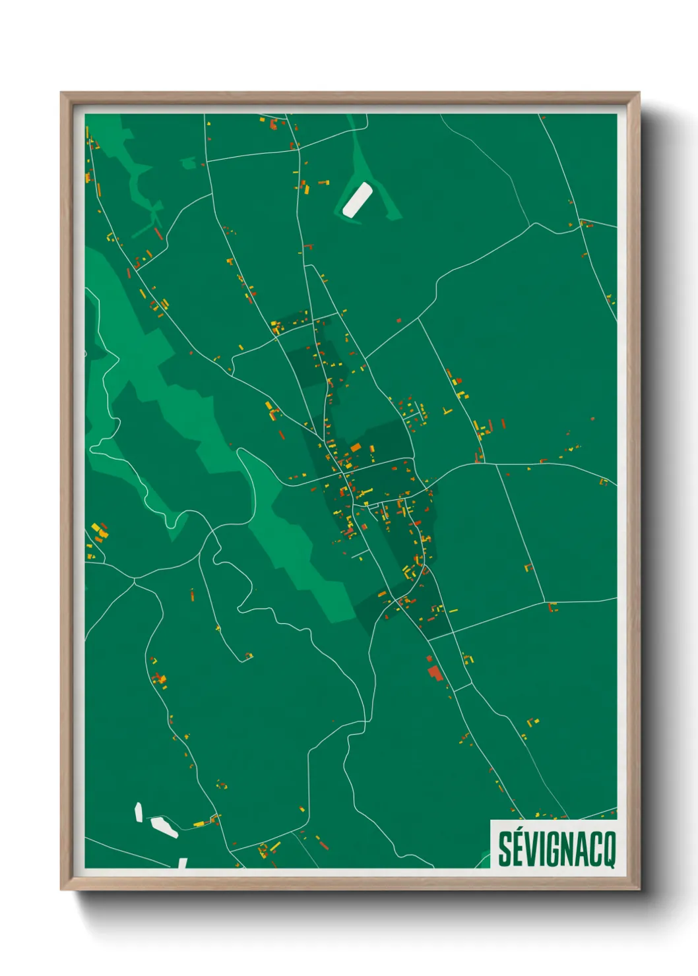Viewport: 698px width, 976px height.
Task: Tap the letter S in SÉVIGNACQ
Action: [x=505, y=849]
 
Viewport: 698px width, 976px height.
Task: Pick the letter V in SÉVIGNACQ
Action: [x=531, y=849]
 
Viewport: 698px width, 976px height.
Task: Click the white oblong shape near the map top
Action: [x=357, y=200]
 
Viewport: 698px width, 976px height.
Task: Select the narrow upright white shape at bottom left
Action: [x=139, y=812]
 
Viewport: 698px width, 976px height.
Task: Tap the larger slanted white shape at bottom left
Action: [x=164, y=826]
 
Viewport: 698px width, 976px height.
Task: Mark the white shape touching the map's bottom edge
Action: [x=183, y=863]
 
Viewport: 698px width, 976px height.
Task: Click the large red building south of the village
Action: [x=435, y=673]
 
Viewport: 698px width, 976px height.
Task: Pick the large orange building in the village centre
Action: [x=356, y=448]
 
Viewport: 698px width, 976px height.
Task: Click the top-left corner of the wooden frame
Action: [x=61, y=93]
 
